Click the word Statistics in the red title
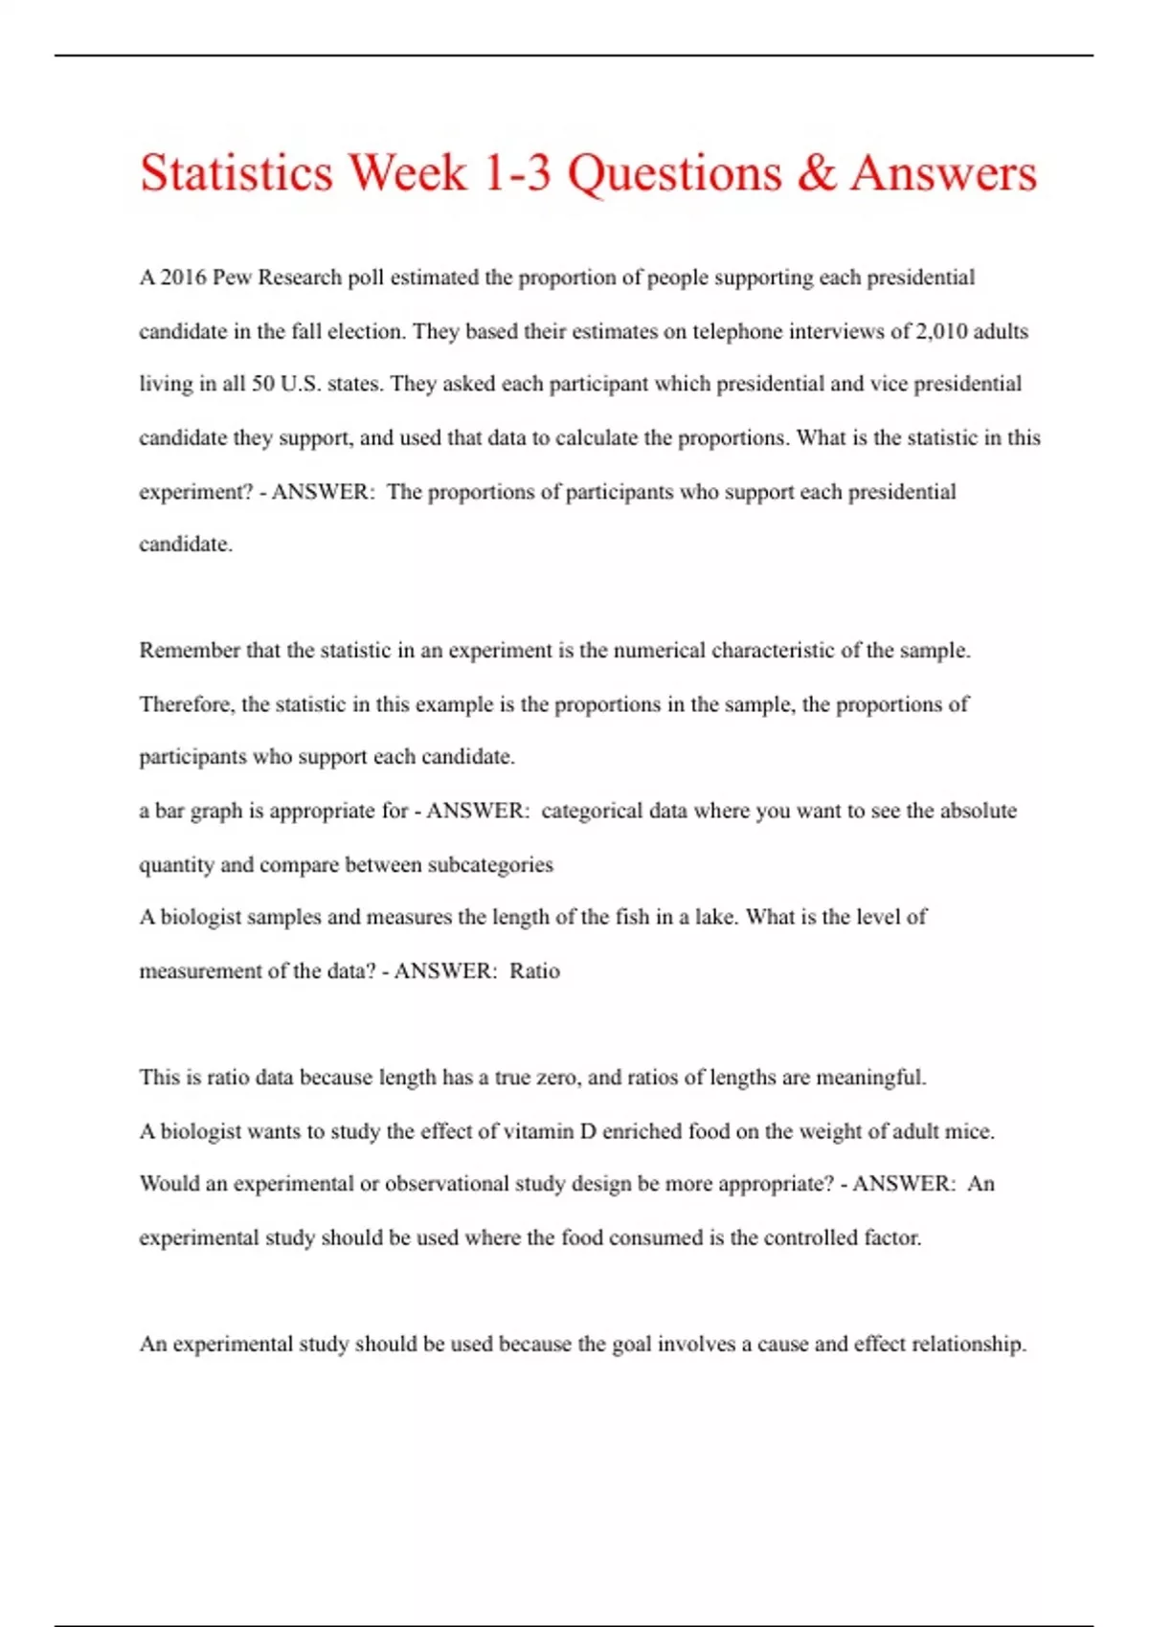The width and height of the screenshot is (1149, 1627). point(237,173)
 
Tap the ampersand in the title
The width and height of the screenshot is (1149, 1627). point(816,173)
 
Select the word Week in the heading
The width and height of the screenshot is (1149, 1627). point(407,173)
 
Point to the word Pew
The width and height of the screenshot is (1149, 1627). point(232,278)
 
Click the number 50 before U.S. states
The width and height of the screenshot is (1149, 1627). point(263,384)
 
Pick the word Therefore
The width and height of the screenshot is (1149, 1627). point(186,704)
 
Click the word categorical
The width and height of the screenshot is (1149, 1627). point(592,811)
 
